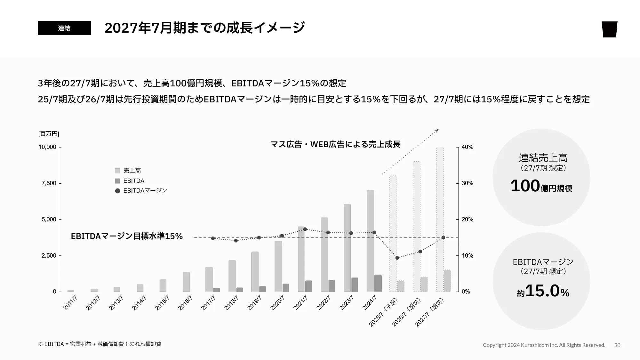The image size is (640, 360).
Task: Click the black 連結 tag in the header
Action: click(x=64, y=28)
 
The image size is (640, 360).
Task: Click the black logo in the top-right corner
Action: click(x=609, y=29)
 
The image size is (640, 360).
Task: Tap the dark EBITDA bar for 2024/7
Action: click(x=378, y=283)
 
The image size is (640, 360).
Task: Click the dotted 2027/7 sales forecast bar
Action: click(x=440, y=219)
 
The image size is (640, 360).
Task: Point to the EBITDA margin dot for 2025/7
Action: click(x=397, y=258)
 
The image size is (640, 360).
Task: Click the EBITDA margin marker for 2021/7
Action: click(x=305, y=229)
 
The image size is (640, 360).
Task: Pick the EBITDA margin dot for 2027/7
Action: click(x=443, y=237)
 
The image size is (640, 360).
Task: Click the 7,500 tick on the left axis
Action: click(x=49, y=183)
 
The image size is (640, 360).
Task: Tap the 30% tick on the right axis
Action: click(x=467, y=183)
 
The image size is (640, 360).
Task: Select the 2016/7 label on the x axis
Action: click(x=185, y=303)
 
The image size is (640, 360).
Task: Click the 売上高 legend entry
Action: click(x=128, y=171)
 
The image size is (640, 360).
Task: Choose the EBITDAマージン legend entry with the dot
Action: click(x=141, y=191)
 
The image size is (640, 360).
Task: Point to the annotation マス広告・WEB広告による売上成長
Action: click(x=335, y=144)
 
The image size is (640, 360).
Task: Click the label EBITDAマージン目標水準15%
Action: click(x=127, y=236)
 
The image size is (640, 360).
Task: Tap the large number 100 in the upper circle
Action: click(x=525, y=186)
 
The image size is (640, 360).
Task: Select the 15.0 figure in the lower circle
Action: click(x=542, y=291)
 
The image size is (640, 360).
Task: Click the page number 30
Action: click(x=617, y=345)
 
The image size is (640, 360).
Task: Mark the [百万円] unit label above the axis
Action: click(x=49, y=134)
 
